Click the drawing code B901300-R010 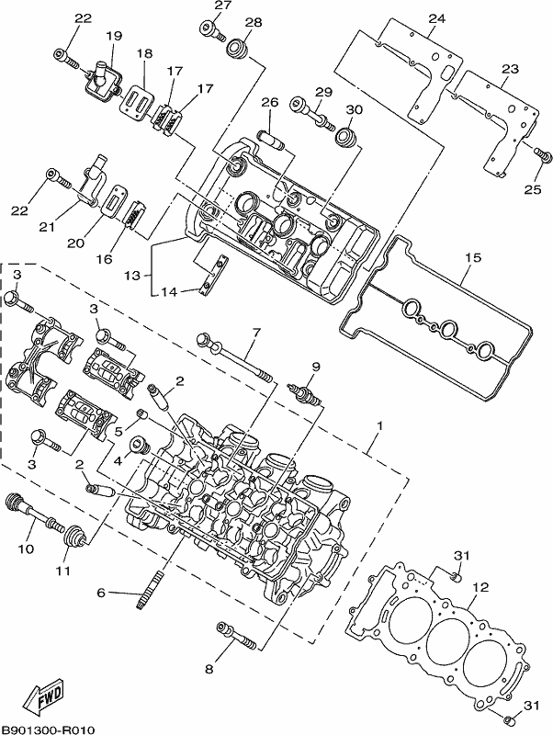tap(49, 729)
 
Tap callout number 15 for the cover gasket tap(473, 257)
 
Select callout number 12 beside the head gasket tap(480, 587)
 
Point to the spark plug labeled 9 tap(305, 393)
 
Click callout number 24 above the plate tap(436, 18)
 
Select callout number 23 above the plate tap(510, 69)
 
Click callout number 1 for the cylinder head tap(380, 426)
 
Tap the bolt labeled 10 tap(34, 513)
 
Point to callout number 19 tap(113, 36)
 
